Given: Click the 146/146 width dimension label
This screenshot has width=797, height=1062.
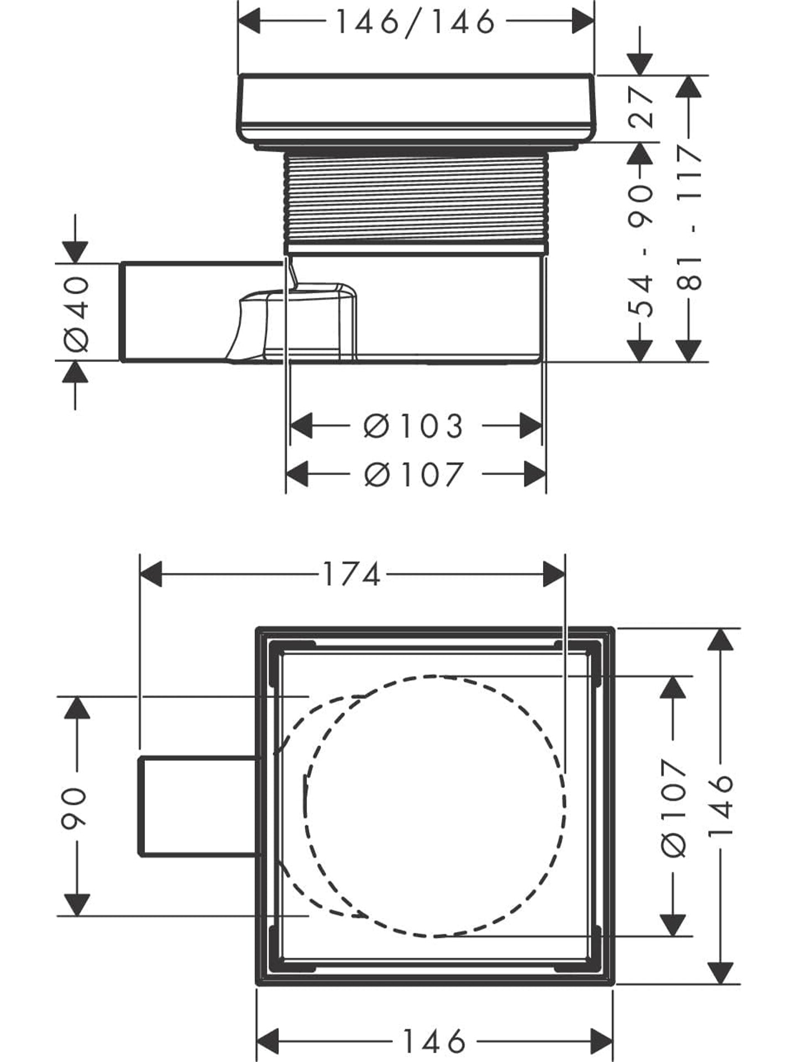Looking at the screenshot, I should [x=415, y=23].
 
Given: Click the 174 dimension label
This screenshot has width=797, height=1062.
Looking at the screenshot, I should [x=351, y=574].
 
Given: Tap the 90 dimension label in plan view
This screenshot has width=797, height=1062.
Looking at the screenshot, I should [x=74, y=808].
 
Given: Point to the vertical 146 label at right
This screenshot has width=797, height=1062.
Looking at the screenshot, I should [x=720, y=808].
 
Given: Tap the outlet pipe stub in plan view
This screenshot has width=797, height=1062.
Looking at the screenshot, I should [x=196, y=807].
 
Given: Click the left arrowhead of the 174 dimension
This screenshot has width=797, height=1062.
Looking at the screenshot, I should [x=151, y=574].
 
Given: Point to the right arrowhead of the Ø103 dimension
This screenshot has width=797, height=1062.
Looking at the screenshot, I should [x=530, y=426].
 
